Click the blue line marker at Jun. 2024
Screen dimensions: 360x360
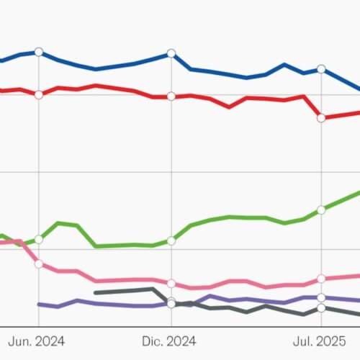tap(39, 52)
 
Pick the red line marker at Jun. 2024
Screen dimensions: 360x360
tap(39, 94)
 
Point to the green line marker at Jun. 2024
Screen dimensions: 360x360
tap(39, 239)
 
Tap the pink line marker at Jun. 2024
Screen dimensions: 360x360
tap(39, 264)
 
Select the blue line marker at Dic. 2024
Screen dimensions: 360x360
tap(171, 53)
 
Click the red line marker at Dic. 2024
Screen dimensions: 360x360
tap(171, 96)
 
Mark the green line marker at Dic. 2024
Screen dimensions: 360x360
tap(171, 240)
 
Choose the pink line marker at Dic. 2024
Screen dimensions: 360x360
tap(171, 284)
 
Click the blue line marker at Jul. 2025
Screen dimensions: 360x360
tap(321, 70)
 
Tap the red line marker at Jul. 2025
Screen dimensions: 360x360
tap(321, 117)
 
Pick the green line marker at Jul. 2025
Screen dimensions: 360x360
tap(321, 210)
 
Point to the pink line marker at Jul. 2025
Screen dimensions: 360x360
tap(321, 279)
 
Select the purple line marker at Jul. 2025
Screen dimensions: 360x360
tap(321, 297)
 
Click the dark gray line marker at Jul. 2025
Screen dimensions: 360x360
tap(321, 308)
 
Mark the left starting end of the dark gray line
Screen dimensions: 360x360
tap(96, 292)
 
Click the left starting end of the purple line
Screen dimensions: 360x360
tap(39, 305)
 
